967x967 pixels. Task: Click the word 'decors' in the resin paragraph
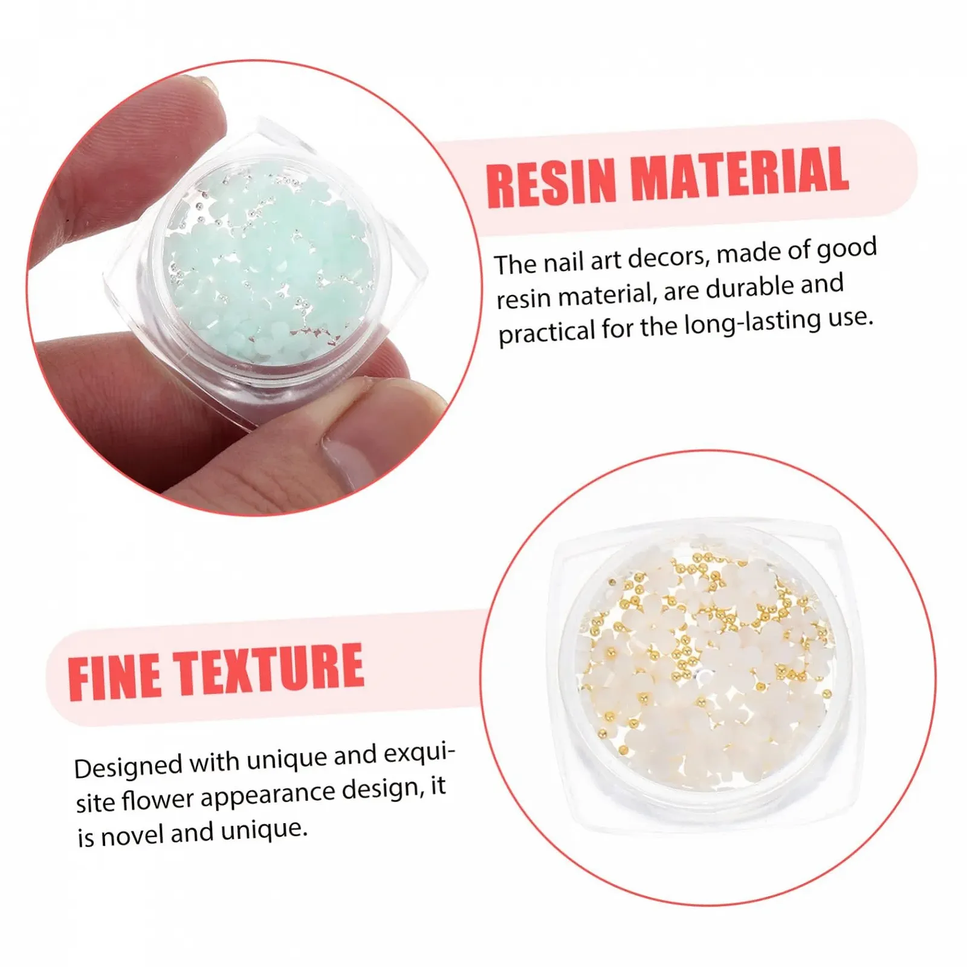[668, 257]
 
